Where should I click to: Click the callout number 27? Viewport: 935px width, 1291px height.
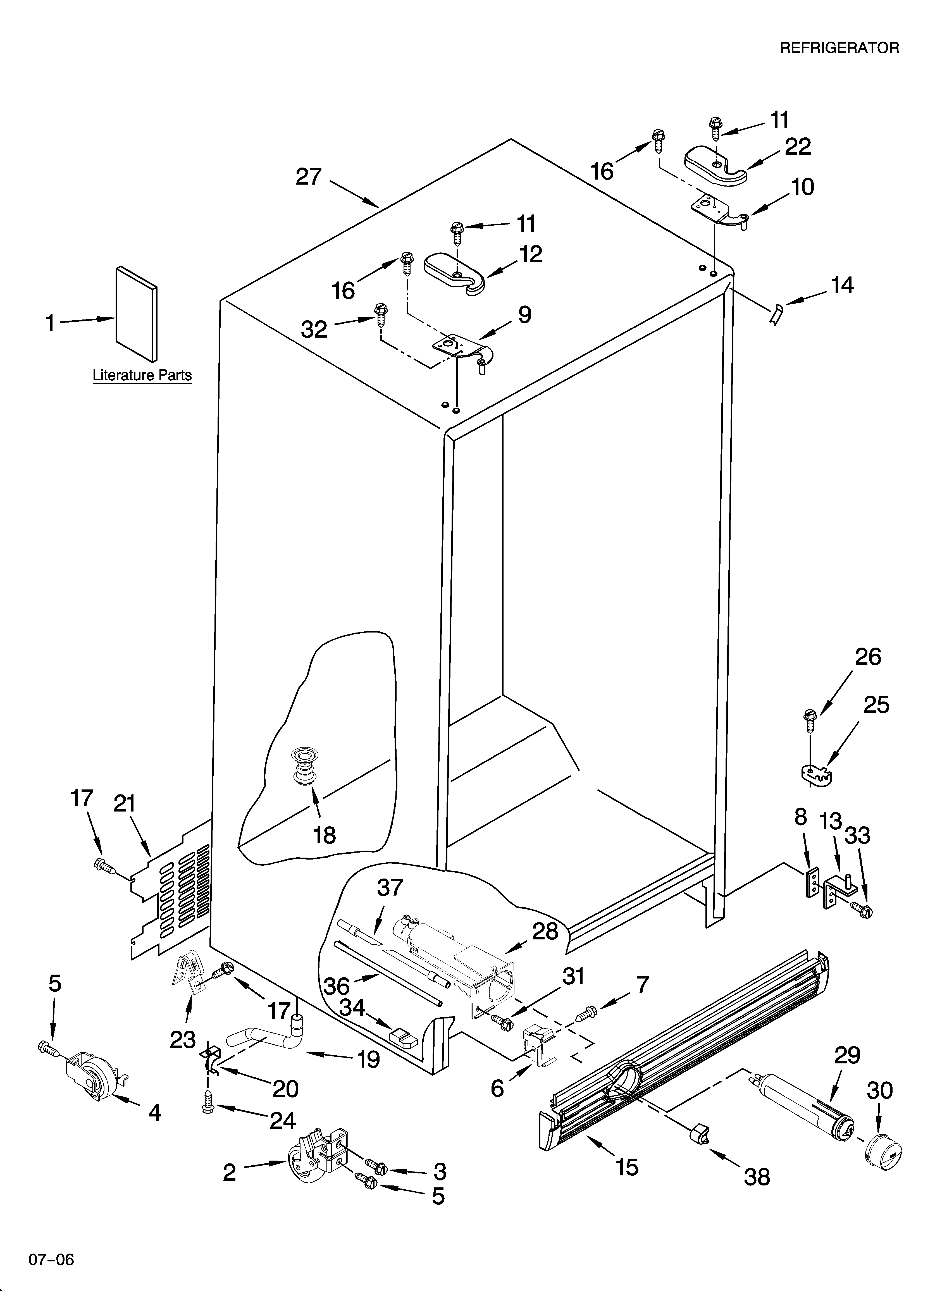pyautogui.click(x=309, y=177)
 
